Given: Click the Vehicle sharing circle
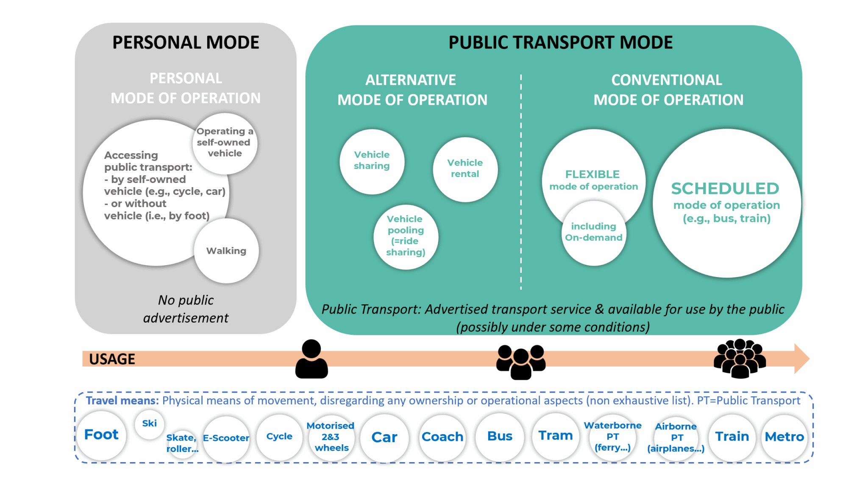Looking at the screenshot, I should coord(372,161).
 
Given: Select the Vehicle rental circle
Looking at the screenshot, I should coord(465,169).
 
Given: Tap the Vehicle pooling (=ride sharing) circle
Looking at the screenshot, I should coord(406,236).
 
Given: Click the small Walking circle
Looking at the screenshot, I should coord(226,251).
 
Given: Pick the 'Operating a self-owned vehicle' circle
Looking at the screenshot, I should coord(225,143).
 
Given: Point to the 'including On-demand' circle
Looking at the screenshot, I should coord(593,233).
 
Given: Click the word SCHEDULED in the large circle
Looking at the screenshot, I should coord(725,188).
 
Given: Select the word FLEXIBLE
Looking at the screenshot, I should coord(592,174).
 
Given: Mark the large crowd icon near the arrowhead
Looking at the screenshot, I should coord(740,359).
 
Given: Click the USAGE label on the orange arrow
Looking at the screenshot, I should coord(112,359).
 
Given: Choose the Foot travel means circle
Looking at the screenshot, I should coord(101,435).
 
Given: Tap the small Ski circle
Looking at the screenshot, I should coord(149,423).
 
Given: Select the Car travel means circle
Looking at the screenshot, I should coord(384,437).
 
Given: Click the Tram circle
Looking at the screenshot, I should coord(555,436).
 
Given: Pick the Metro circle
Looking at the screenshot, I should coord(784,437).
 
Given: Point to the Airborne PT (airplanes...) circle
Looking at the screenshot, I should coord(676,437).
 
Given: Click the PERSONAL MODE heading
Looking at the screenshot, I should coord(186,42).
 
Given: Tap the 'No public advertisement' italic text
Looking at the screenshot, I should coord(186,309).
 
